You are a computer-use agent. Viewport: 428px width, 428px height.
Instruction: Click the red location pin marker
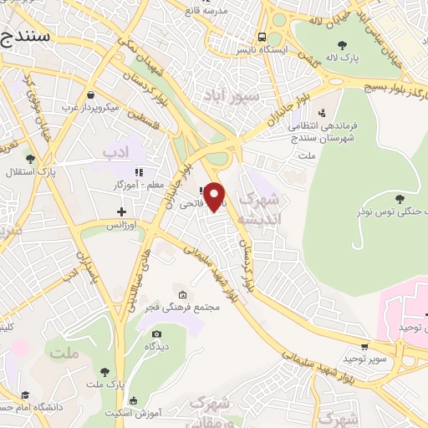click(x=215, y=196)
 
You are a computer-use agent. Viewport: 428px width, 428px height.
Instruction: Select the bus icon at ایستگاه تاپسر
click(x=262, y=38)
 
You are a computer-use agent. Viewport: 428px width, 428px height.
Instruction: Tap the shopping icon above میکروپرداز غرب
click(x=90, y=94)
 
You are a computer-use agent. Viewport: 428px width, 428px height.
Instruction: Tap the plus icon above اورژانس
click(x=122, y=211)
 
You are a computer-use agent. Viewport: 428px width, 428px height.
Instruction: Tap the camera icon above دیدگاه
click(x=156, y=334)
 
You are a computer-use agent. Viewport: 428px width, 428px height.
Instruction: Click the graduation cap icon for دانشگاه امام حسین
click(x=26, y=395)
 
